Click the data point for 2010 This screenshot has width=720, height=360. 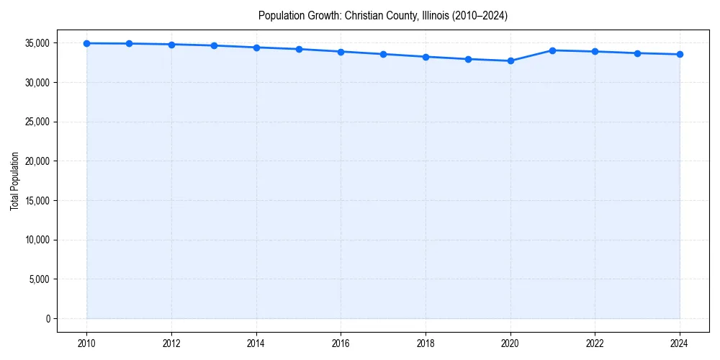87,43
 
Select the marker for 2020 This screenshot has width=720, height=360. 510,61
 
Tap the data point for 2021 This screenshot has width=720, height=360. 553,50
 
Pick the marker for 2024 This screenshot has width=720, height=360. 680,55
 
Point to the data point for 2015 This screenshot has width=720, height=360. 299,49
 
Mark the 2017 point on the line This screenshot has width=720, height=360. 384,54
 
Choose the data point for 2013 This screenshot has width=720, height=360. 214,45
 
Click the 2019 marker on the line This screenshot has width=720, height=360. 468,59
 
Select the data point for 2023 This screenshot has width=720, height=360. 637,53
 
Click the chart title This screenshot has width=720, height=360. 383,16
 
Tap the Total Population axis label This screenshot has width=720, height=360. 14,181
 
